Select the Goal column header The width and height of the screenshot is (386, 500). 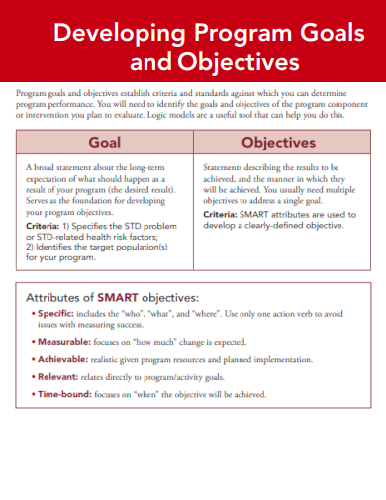[x=105, y=142]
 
